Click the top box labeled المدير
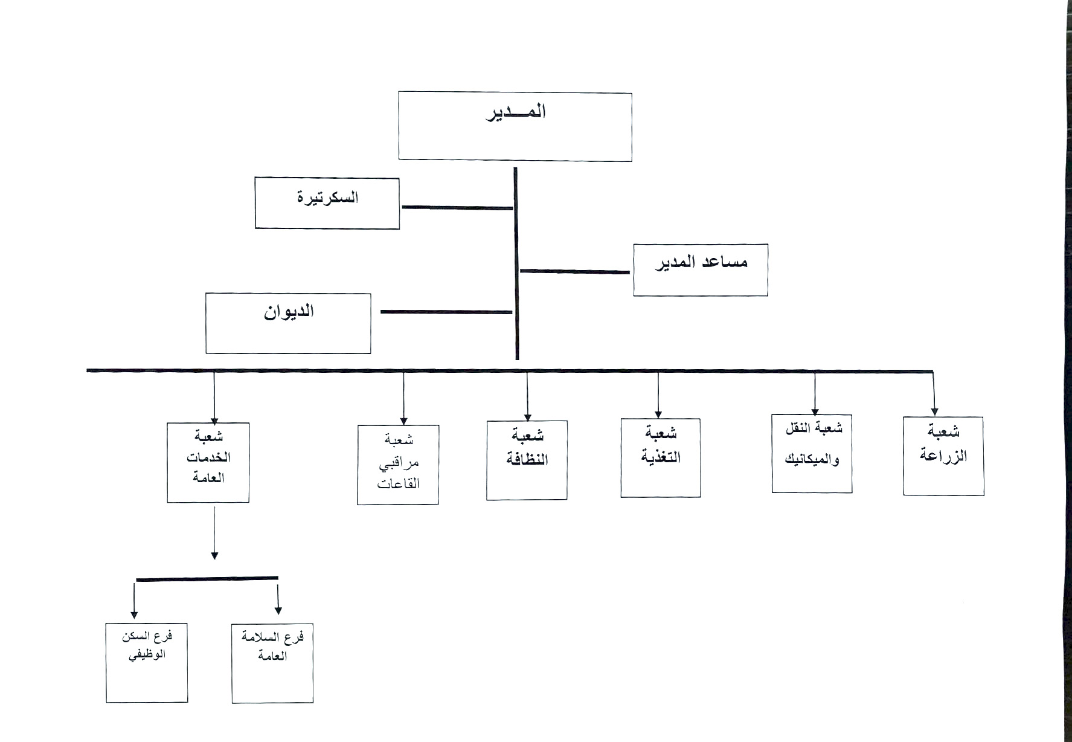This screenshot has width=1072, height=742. click(x=515, y=126)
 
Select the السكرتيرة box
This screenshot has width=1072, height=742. click(x=327, y=203)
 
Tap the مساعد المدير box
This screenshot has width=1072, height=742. click(x=701, y=270)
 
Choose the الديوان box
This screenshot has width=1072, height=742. click(x=288, y=323)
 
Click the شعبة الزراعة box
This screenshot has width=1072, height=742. click(x=943, y=456)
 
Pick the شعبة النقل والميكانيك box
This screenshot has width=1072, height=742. click(x=812, y=453)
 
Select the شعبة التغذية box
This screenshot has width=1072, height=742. click(x=661, y=458)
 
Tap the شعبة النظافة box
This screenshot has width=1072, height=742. click(x=527, y=460)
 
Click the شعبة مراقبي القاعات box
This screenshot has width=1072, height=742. click(x=398, y=465)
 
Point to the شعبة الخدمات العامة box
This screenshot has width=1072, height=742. click(x=208, y=462)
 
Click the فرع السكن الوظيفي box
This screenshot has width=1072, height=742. click(x=147, y=663)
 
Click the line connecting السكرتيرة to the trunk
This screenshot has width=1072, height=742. click(x=457, y=207)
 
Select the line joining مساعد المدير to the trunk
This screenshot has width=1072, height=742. click(x=575, y=271)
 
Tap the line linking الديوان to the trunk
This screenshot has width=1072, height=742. click(x=446, y=312)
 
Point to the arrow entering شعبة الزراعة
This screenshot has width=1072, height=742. click(x=934, y=393)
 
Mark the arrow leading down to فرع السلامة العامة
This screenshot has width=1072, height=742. click(x=278, y=597)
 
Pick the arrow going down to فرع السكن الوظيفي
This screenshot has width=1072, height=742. click(x=134, y=598)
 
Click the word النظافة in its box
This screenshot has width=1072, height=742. click(x=527, y=460)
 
